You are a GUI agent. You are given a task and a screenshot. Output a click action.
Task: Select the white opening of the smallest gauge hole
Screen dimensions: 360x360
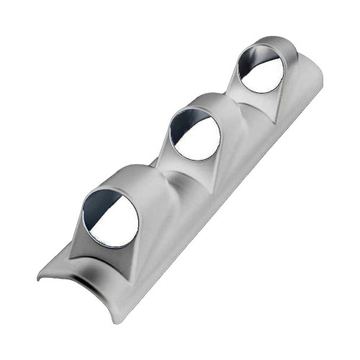[x=266, y=70]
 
